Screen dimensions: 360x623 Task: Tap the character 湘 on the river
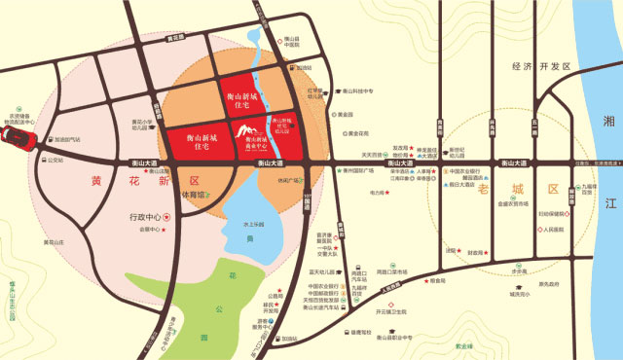coord(608,121)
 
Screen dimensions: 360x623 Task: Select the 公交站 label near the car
coord(55,160)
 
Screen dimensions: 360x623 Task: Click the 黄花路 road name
coord(176,39)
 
